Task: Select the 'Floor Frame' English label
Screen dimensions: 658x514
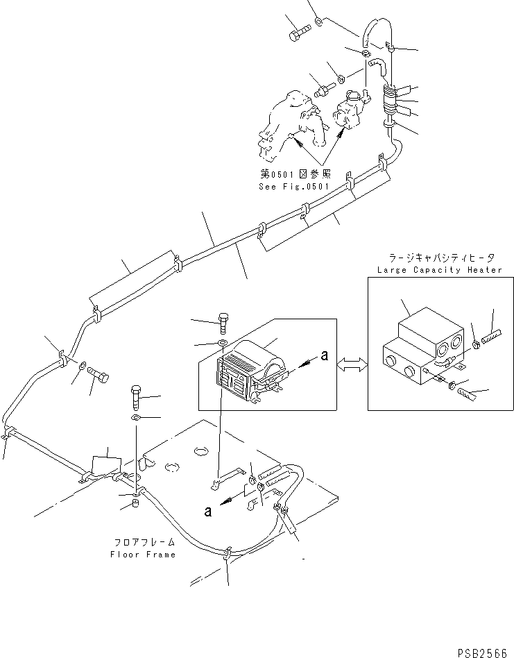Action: (143, 555)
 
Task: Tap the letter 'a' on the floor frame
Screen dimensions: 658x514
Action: (207, 512)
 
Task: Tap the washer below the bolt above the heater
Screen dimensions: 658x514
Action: (221, 343)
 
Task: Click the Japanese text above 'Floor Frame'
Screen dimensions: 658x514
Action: (143, 542)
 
